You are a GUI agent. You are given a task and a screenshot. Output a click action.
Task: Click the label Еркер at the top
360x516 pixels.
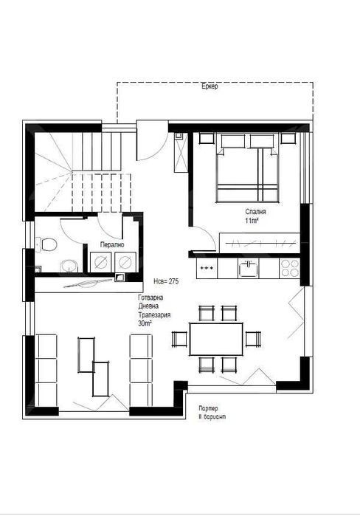click(210, 87)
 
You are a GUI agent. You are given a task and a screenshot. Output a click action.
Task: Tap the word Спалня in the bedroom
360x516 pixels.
click(256, 211)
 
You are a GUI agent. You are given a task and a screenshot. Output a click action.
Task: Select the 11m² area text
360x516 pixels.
click(252, 221)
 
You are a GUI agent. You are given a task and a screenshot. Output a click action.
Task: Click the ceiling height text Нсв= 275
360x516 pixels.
click(167, 281)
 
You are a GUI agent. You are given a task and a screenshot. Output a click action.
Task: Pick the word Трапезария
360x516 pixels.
click(155, 314)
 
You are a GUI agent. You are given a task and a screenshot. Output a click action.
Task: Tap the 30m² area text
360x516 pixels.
click(145, 323)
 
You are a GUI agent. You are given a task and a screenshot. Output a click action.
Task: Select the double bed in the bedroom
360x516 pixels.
click(247, 169)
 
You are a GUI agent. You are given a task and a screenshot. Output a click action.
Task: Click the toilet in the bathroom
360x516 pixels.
click(47, 244)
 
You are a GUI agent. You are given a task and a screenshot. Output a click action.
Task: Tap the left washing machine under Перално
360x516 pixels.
click(100, 261)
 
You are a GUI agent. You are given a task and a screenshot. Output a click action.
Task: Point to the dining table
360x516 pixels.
click(216, 339)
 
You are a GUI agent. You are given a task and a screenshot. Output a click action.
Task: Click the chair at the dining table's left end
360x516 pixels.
click(179, 339)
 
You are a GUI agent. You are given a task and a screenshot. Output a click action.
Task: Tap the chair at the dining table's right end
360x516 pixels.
click(253, 339)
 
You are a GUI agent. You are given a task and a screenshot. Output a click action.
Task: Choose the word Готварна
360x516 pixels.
click(151, 297)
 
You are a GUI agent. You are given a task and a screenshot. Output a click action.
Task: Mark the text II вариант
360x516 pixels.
click(211, 417)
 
